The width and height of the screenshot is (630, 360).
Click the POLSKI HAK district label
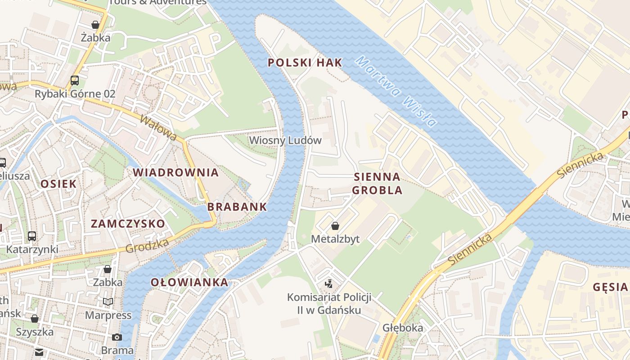(305, 63)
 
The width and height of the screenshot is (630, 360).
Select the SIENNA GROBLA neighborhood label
(377, 183)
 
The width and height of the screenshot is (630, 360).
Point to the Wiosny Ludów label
(285, 140)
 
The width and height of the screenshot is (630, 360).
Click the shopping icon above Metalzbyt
(335, 226)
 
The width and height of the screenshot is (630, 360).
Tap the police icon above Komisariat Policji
(329, 284)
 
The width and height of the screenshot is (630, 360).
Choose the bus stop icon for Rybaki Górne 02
(75, 81)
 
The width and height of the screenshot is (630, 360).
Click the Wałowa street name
(158, 128)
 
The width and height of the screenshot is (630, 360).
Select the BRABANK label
(237, 207)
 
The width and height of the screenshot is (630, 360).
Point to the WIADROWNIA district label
(175, 172)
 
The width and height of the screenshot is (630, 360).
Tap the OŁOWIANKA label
(189, 283)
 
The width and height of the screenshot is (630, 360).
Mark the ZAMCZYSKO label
(128, 224)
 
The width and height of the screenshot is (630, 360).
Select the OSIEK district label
(58, 184)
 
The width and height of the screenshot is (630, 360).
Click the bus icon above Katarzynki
(32, 236)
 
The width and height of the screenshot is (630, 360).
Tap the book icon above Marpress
(108, 302)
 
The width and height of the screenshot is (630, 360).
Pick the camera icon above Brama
(117, 337)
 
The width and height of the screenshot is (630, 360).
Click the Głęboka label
(403, 328)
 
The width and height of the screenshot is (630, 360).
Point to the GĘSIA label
(610, 287)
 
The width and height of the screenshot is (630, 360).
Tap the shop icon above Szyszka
(35, 319)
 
